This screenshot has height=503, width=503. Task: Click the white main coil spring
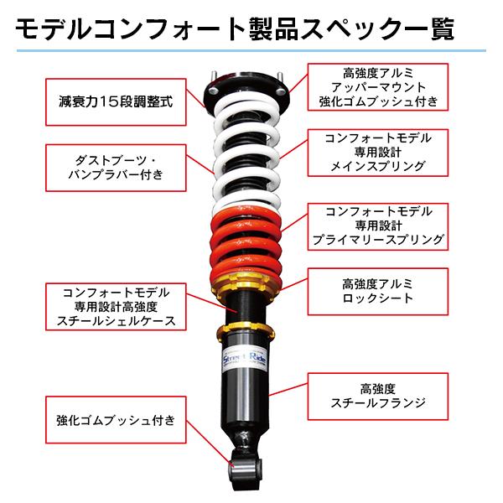[x=246, y=155]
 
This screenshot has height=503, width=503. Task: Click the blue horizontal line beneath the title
[x=251, y=51]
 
